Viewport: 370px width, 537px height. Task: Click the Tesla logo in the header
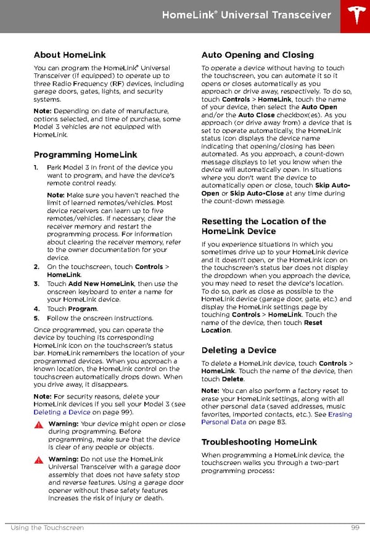click(x=354, y=15)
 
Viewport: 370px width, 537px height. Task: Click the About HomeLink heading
click(x=69, y=55)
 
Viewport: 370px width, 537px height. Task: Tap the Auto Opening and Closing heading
click(x=258, y=55)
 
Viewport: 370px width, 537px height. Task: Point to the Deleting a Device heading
click(x=239, y=350)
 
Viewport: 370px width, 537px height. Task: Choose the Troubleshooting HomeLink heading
click(x=259, y=442)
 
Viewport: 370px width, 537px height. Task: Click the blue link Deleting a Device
click(x=62, y=412)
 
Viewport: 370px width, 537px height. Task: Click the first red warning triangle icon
click(x=39, y=425)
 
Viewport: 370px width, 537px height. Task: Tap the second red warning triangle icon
click(x=39, y=460)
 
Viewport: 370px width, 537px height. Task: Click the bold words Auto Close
click(x=256, y=115)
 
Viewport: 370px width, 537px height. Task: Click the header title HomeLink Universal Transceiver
click(x=246, y=15)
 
